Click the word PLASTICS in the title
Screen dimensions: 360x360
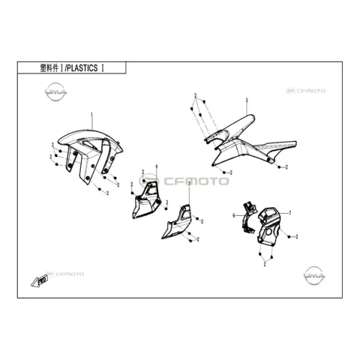(82, 68)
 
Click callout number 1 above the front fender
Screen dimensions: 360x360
(91, 115)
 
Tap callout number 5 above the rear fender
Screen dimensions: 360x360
(247, 100)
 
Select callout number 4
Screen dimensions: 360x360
(157, 166)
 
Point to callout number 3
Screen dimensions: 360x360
(189, 184)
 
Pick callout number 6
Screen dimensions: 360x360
(234, 215)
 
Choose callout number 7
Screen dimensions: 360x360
(289, 213)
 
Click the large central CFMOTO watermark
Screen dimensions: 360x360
(184, 181)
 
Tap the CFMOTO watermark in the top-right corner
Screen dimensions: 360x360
(305, 91)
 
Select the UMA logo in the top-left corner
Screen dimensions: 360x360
(55, 92)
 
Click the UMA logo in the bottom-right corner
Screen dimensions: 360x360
(314, 275)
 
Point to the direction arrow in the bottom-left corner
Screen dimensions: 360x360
(39, 281)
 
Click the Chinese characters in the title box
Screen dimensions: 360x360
(49, 68)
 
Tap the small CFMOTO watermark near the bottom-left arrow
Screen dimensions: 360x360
(65, 274)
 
